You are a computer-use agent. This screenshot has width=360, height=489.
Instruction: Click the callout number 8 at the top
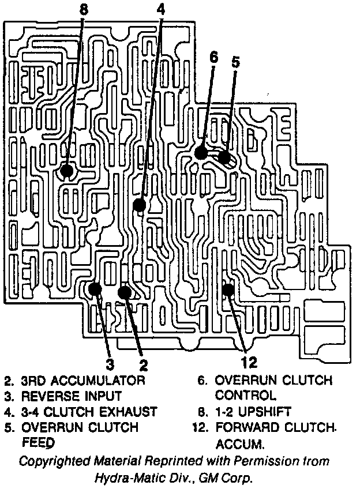coord(84,9)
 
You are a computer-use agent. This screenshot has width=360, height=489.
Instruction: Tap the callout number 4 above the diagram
coord(160,9)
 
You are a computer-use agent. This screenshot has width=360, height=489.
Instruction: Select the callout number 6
coord(214,57)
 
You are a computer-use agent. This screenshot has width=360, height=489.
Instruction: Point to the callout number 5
coord(235,62)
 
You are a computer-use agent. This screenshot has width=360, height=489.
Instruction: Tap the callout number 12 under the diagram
coord(249,362)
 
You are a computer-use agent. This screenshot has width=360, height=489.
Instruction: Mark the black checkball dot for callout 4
coord(139,204)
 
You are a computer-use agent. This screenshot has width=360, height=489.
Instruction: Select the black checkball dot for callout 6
coord(201,152)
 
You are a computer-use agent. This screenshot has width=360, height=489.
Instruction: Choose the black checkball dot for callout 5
coord(224,157)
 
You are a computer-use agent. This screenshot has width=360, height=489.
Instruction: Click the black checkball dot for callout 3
coord(96,288)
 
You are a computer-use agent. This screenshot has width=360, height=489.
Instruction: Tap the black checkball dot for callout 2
coord(125,292)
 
